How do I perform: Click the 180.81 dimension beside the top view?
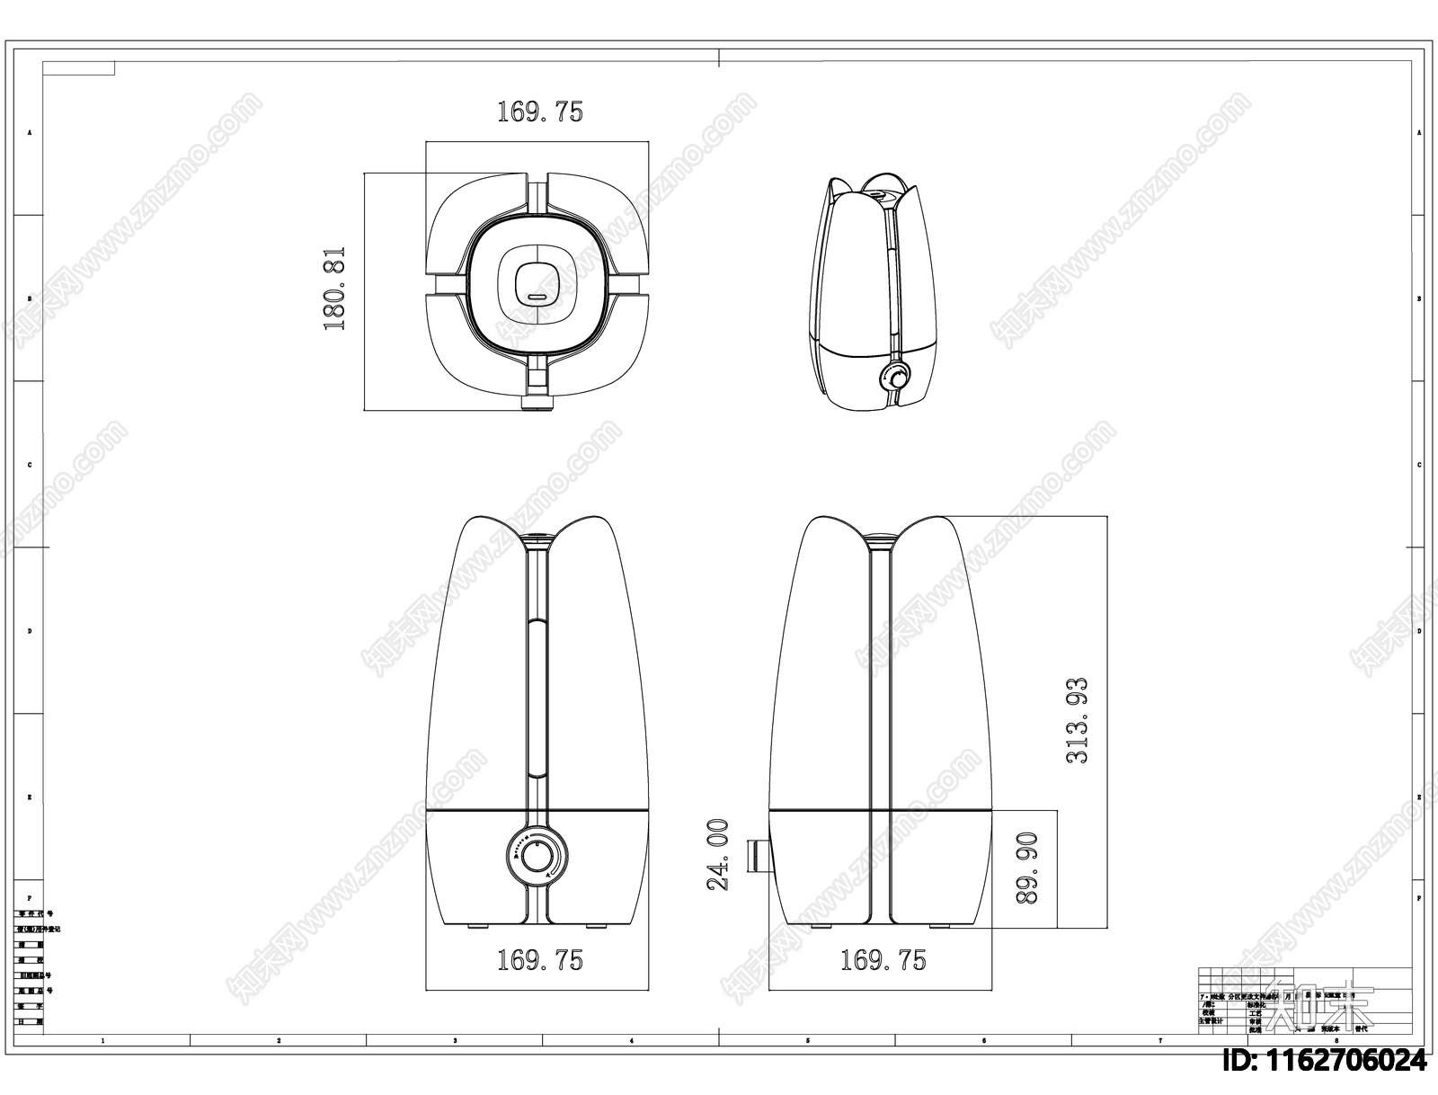point(335,289)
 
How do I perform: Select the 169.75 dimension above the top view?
point(539,111)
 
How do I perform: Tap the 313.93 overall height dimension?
point(1077,720)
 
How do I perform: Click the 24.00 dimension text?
point(717,854)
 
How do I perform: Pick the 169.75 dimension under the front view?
point(539,960)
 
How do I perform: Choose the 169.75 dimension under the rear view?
point(883,960)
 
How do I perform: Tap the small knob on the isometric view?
point(895,377)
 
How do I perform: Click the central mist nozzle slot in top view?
point(537,295)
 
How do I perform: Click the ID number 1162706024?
point(1324,1061)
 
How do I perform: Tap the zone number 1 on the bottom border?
point(102,1040)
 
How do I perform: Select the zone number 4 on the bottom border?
point(632,1040)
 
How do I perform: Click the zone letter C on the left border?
point(29,465)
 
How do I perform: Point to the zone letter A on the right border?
point(1419,132)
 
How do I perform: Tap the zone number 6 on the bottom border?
point(983,1040)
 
